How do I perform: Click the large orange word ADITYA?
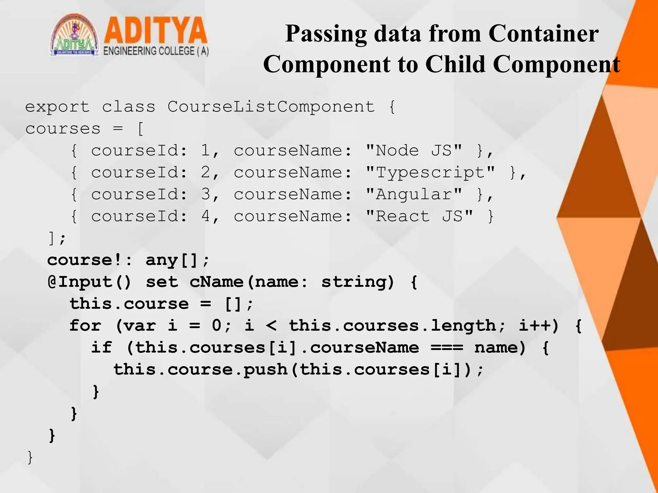click(155, 31)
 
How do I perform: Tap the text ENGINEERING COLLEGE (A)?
click(156, 51)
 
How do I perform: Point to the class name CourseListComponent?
click(271, 107)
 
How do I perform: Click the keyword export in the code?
click(57, 107)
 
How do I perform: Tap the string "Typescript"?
click(430, 172)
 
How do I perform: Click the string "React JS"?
click(419, 216)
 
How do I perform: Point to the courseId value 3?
click(206, 194)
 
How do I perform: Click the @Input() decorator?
click(89, 282)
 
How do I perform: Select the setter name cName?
click(216, 282)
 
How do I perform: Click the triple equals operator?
click(447, 348)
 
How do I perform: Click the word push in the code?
click(265, 369)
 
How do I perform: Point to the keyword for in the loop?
click(85, 326)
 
